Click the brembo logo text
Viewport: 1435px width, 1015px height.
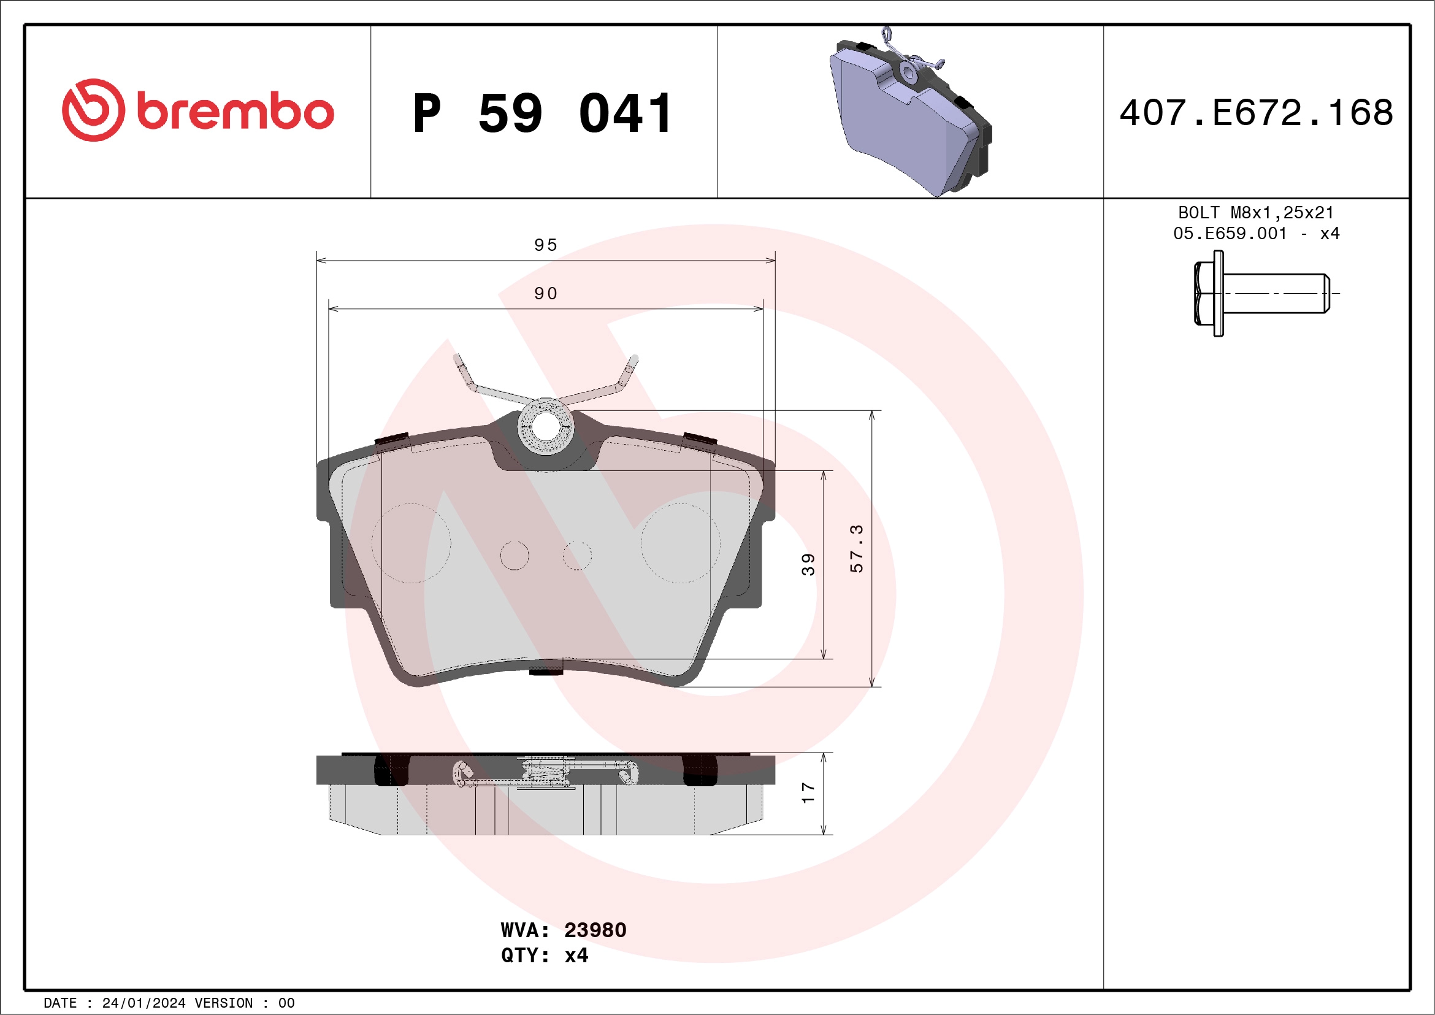(234, 112)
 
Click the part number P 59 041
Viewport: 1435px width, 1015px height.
(543, 113)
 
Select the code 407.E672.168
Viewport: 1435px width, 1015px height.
(1257, 113)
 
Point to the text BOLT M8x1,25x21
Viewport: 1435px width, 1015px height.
(1256, 212)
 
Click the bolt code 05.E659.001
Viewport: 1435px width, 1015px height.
(1230, 233)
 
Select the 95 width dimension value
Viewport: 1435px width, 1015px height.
(546, 245)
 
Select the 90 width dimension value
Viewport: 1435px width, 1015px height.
(546, 293)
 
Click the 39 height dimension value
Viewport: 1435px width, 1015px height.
(808, 564)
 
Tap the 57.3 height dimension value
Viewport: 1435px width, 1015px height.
(856, 548)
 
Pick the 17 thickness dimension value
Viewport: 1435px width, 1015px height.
(808, 792)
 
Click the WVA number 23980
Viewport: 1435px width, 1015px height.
(594, 930)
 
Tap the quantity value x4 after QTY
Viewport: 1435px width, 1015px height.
(576, 956)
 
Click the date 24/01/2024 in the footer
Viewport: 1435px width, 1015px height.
(143, 1003)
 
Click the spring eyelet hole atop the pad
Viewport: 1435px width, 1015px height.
(546, 427)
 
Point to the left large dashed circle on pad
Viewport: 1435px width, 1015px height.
(411, 543)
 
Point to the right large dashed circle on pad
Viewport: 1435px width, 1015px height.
(680, 543)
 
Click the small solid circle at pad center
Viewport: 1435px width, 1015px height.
(515, 556)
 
